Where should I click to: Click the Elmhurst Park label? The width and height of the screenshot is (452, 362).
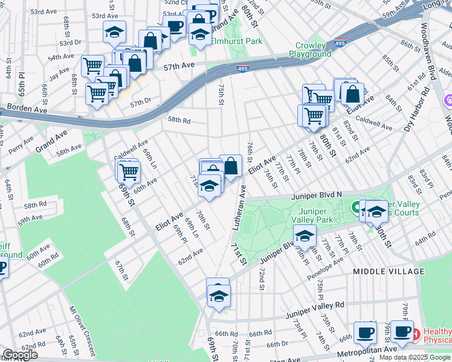pos(237,42)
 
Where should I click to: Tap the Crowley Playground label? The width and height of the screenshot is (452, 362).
pos(314,49)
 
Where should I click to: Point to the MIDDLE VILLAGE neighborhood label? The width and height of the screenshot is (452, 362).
pos(389,272)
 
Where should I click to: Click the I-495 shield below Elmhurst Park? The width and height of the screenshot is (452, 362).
pos(242,68)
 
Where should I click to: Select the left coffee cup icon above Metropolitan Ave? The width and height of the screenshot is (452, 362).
pos(364,332)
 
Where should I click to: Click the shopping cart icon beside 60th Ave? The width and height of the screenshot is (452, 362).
pos(129,171)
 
